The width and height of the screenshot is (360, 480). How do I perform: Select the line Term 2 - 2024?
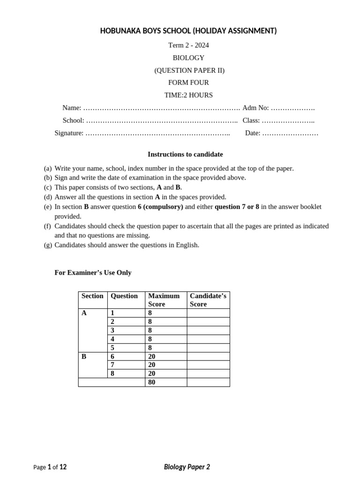188,45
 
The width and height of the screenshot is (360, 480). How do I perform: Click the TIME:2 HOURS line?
188,95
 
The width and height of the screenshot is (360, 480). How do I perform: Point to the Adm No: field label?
255,108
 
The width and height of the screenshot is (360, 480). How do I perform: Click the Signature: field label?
69,133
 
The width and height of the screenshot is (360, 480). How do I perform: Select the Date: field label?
253,133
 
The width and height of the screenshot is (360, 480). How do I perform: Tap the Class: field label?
251,120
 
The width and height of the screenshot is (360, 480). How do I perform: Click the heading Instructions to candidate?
185,154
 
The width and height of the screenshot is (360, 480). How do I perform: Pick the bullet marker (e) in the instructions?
48,207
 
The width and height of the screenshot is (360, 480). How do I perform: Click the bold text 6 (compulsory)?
160,207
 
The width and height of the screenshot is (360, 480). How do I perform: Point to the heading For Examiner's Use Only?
93,273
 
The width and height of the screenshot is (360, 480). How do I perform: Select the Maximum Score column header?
164,300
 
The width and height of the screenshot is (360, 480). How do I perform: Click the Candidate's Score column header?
208,300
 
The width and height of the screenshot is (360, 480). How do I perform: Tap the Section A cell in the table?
84,313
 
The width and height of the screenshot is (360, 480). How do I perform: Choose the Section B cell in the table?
84,356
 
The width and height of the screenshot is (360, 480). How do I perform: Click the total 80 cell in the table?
151,382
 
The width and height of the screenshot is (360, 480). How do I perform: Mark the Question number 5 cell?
112,347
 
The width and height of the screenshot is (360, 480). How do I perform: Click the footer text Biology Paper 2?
187,467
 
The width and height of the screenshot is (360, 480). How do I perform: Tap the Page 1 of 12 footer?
50,467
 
